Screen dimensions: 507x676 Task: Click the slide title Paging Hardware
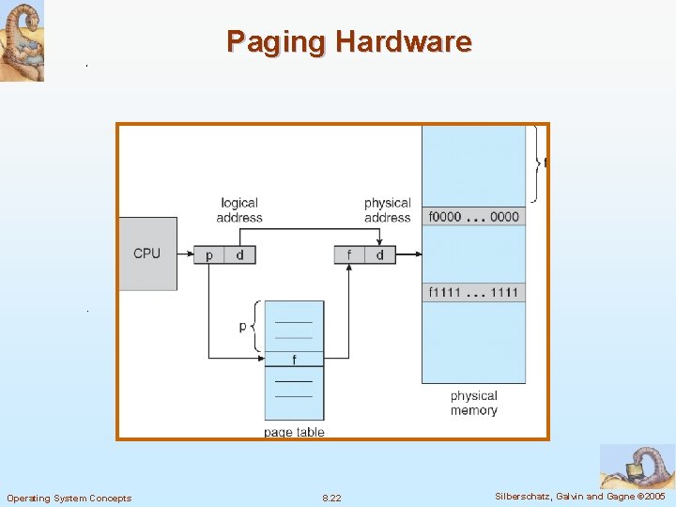348,42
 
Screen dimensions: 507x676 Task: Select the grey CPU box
147,253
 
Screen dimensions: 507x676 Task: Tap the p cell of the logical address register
208,254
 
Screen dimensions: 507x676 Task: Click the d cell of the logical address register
239,254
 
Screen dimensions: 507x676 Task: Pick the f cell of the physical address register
349,254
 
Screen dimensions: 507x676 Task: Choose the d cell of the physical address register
379,254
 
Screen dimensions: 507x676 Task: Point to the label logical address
239,210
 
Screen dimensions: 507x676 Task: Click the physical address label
387,210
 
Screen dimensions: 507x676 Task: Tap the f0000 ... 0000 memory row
473,217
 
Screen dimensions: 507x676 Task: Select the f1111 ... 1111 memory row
473,292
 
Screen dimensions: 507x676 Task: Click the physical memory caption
473,403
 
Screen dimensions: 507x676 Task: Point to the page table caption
294,432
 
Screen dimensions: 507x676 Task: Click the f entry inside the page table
294,360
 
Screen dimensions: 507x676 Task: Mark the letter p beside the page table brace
243,326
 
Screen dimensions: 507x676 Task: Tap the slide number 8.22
331,498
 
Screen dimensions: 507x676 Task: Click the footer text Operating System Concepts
69,498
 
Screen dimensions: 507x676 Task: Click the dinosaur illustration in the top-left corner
22,41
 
